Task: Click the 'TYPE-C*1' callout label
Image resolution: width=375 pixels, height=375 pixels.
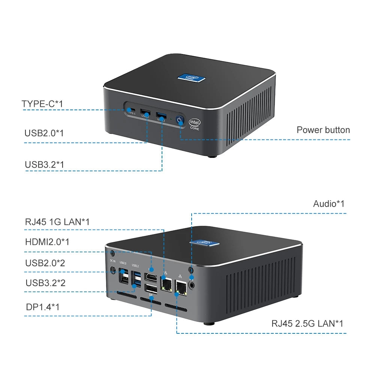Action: (42, 104)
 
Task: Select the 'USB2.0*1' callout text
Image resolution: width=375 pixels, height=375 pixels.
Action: (43, 133)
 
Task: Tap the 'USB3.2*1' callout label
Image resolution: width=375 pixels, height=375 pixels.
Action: (44, 164)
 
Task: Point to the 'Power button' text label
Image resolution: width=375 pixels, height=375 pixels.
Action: (323, 130)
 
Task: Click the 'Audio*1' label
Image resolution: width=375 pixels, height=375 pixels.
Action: (328, 204)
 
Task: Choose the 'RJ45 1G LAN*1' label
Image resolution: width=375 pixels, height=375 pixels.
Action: (57, 222)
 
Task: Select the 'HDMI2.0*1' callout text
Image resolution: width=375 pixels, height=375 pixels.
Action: (47, 242)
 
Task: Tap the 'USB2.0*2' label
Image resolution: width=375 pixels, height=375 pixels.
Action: (45, 263)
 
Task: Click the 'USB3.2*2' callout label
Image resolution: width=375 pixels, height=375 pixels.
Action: (45, 283)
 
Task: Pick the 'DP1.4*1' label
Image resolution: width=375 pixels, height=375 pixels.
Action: (43, 307)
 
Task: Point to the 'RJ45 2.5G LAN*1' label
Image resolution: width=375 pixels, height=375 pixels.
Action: (307, 323)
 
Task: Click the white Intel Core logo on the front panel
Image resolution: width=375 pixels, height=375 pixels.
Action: (195, 124)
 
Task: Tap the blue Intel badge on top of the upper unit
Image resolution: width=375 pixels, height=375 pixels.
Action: (192, 76)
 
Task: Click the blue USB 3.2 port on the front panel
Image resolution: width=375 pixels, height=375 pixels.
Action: (161, 114)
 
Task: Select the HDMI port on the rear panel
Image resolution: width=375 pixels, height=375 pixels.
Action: (151, 277)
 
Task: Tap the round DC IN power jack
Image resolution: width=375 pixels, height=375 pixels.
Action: (112, 270)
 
